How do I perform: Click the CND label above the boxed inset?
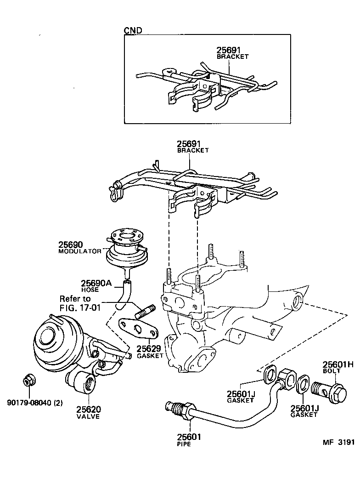pyautogui.click(x=133, y=30)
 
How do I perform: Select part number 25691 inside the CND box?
pyautogui.click(x=228, y=50)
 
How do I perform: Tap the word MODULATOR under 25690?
pyautogui.click(x=79, y=251)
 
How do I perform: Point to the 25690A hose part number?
pyautogui.click(x=96, y=283)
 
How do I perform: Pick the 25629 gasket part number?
pyautogui.click(x=149, y=348)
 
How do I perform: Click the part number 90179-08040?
pyautogui.click(x=29, y=403)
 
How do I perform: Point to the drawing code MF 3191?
pyautogui.click(x=338, y=442)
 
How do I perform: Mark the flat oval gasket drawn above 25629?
pyautogui.click(x=138, y=327)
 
